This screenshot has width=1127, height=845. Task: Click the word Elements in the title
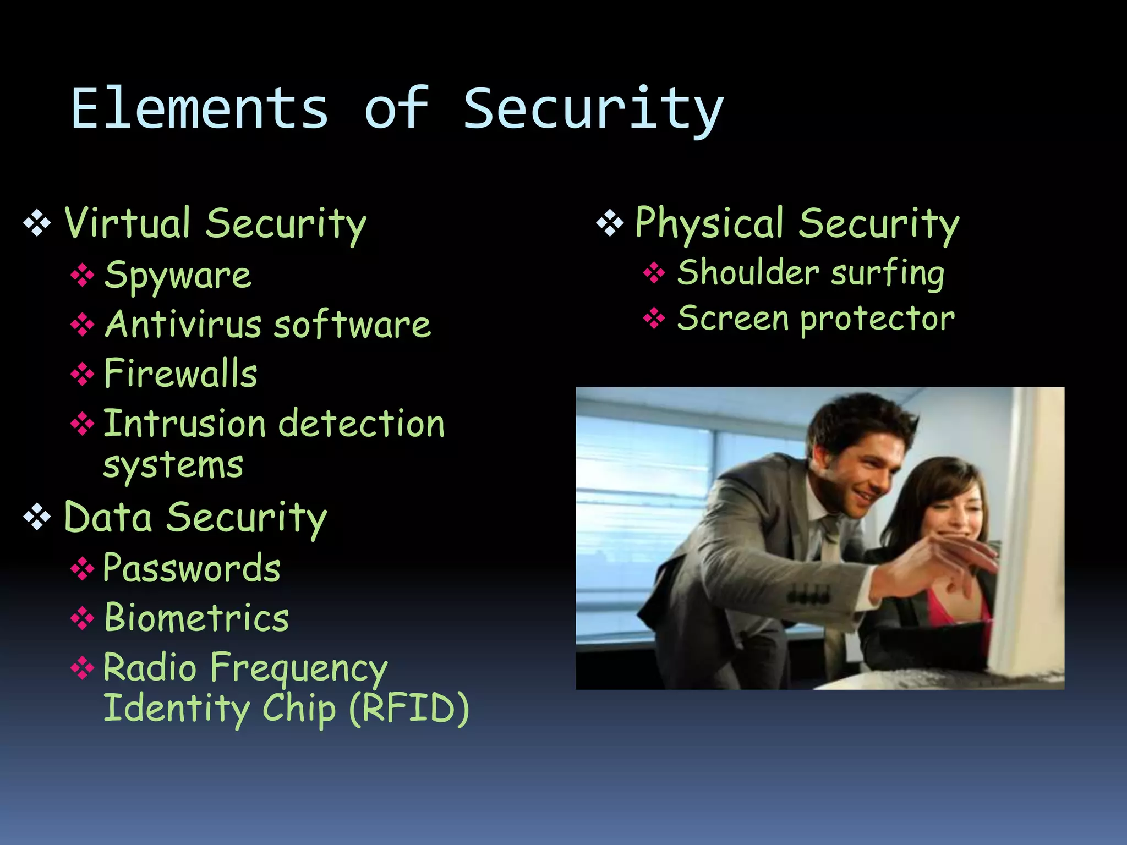tap(200, 109)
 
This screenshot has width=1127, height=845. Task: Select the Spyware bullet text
tap(178, 276)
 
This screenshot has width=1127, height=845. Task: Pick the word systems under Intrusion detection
tap(173, 467)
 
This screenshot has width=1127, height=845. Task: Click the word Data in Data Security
tap(108, 518)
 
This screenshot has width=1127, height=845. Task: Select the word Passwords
tap(192, 568)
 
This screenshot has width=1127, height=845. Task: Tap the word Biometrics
tap(196, 618)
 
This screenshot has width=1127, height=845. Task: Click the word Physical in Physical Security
tap(709, 223)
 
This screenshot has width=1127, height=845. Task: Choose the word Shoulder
tap(748, 273)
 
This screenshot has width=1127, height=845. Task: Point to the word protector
tap(877, 319)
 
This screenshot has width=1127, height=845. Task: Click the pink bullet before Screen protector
tap(654, 318)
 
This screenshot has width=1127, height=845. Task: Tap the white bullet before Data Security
tap(37, 518)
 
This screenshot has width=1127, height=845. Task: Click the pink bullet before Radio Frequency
tap(82, 668)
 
